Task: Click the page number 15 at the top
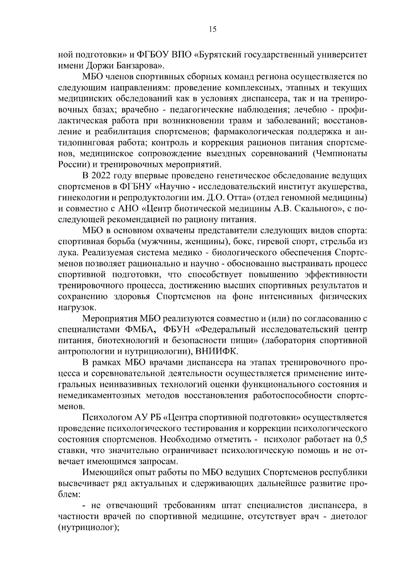[x=212, y=29]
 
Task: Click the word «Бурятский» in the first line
[x=221, y=55]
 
